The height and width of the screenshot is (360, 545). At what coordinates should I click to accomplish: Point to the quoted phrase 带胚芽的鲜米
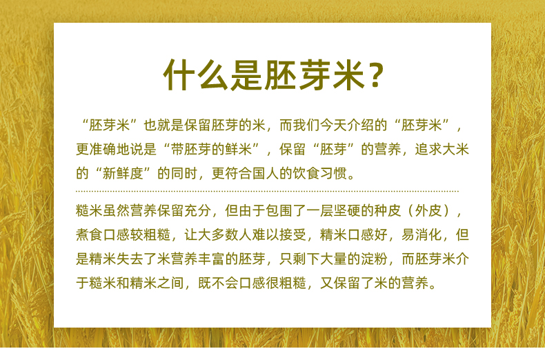[211, 150]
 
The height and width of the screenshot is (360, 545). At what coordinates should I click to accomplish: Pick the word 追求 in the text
[428, 150]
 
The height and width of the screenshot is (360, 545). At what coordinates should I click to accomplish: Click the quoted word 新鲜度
[123, 173]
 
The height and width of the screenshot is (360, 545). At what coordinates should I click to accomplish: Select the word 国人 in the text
[266, 173]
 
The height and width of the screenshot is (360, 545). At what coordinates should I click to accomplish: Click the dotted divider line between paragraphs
[267, 191]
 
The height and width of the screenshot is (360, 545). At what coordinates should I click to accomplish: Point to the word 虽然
[117, 210]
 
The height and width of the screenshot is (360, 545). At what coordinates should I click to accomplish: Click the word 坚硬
[347, 210]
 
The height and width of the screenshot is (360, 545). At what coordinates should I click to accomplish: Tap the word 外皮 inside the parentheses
[428, 210]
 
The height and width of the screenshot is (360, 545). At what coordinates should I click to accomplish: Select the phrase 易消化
[422, 235]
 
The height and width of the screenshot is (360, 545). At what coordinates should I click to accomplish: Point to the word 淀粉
[374, 259]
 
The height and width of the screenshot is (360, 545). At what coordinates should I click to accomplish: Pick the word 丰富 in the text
[211, 259]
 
